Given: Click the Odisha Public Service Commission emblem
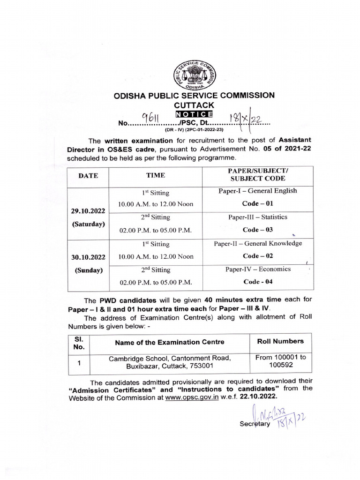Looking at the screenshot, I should [x=194, y=75].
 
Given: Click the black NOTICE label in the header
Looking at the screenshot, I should [x=194, y=114].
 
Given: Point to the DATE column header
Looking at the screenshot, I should [x=88, y=176].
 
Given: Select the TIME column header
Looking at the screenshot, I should [x=156, y=175].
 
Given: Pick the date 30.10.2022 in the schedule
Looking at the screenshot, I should [x=88, y=257].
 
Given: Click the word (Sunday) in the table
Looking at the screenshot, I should [x=88, y=270].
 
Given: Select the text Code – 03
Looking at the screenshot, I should [x=257, y=230].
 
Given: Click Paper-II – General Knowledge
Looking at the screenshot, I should [x=258, y=243].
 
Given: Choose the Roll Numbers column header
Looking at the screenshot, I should [x=280, y=341].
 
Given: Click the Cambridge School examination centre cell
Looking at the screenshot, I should [x=170, y=362].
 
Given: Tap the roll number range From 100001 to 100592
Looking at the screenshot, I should [x=280, y=361].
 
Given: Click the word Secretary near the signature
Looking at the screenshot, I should [x=255, y=424].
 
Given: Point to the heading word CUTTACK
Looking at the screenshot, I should [x=194, y=105].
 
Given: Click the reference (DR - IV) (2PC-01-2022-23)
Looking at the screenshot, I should [x=194, y=129].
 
